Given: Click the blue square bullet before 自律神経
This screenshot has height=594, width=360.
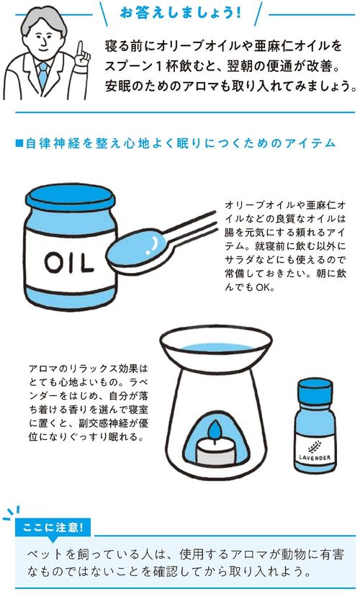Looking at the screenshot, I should point(19,143).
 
